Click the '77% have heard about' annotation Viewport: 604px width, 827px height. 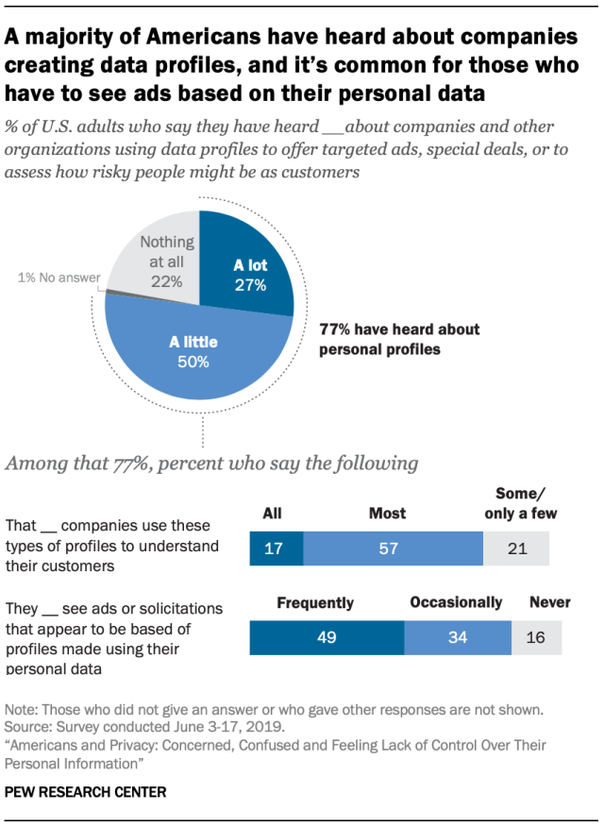click(399, 329)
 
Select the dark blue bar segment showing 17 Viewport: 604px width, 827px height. click(276, 549)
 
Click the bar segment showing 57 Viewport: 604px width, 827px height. click(388, 549)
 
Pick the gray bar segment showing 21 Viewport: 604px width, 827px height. click(516, 549)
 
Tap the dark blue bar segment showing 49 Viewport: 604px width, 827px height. click(327, 637)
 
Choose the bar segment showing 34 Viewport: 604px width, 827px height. click(458, 637)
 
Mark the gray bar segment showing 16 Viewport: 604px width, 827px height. click(536, 637)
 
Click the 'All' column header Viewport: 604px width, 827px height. click(272, 514)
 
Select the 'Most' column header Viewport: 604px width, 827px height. click(388, 514)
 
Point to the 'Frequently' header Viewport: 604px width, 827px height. click(315, 602)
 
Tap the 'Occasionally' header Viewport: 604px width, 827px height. click(456, 602)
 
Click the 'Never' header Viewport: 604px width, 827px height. click(549, 602)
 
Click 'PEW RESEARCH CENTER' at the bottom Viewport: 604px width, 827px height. click(86, 792)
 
